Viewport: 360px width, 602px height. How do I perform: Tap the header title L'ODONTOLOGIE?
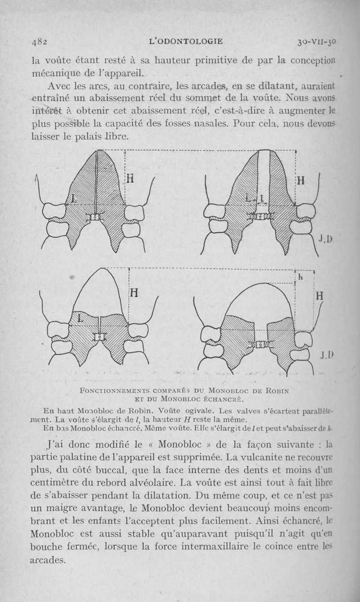[x=185, y=42]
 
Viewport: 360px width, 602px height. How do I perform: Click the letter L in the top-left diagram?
[x=74, y=198]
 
